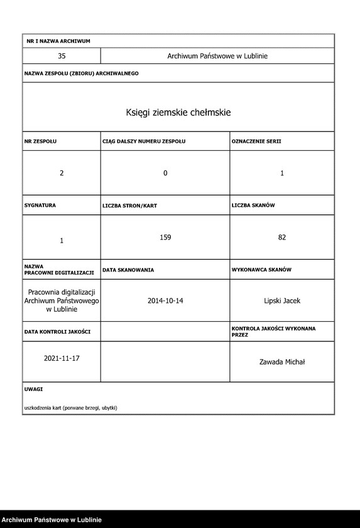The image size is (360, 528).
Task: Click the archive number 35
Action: pos(62,56)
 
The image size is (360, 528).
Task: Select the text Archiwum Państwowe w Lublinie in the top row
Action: pos(217,56)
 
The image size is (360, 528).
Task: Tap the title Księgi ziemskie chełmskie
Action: pos(178,113)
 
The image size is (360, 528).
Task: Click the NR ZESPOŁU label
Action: pos(40,141)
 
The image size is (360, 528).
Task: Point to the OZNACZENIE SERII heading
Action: pos(256,141)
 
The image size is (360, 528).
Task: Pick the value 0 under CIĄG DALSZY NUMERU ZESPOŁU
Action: pos(165,173)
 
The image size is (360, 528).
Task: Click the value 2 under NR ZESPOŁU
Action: pos(62,173)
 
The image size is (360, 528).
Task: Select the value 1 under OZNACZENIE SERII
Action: pos(282,173)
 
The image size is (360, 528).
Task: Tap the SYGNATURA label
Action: pos(40,205)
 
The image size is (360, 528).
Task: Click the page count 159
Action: pos(165,237)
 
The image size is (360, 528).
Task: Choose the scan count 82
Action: pos(282,237)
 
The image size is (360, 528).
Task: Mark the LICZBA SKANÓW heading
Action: pos(253,205)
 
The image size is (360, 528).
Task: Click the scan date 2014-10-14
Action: pos(165,300)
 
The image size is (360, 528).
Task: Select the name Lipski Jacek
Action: pos(282,300)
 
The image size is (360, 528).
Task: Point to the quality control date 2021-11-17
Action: pos(62,358)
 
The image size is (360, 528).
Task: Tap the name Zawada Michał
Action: pos(282,361)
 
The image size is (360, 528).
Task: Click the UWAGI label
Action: pos(33,390)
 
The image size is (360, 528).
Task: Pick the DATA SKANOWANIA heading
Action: pos(128,269)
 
